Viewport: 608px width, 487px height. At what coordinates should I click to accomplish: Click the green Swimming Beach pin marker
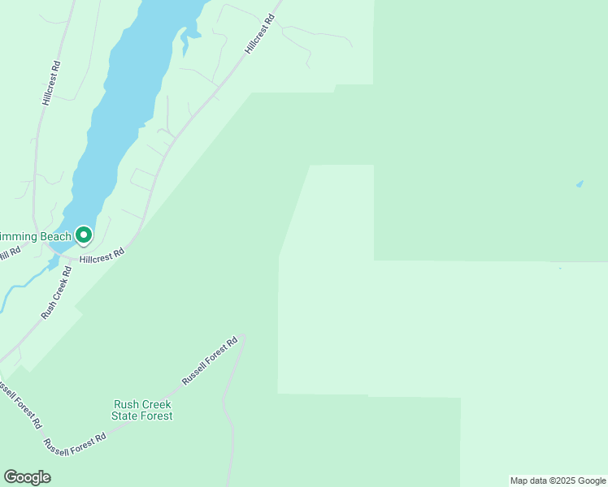click(84, 235)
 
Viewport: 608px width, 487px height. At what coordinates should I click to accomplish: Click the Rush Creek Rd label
click(57, 292)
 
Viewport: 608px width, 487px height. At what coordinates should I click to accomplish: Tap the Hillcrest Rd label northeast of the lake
click(261, 33)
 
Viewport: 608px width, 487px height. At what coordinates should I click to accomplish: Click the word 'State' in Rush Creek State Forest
click(126, 416)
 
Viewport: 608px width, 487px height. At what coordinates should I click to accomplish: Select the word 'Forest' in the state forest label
click(157, 416)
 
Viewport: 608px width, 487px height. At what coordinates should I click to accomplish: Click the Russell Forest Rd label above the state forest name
click(210, 360)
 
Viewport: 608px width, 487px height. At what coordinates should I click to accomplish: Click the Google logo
click(27, 477)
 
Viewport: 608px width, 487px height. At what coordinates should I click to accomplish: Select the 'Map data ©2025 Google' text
click(558, 481)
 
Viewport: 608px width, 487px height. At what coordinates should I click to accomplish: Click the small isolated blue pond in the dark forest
click(580, 184)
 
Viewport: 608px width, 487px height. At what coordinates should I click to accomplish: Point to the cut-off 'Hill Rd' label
click(8, 255)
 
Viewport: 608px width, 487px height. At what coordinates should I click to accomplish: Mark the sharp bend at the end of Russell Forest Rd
click(242, 338)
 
